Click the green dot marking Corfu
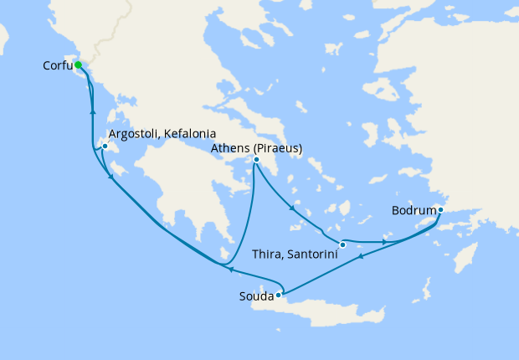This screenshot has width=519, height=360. coord(77,64)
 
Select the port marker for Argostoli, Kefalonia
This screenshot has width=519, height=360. coord(105,147)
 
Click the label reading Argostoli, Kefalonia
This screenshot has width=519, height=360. coord(162,134)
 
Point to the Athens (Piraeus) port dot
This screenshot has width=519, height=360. coord(256,160)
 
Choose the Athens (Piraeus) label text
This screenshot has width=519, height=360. coord(256,148)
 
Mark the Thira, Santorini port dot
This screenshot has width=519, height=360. coord(342,244)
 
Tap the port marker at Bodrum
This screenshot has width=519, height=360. coord(440,209)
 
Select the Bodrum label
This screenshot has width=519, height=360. coord(414,210)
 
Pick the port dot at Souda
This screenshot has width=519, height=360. coord(278,295)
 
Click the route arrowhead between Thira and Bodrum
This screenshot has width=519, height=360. coord(384,242)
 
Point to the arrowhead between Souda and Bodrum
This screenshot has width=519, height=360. coord(361,257)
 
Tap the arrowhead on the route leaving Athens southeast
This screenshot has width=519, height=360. coord(290,207)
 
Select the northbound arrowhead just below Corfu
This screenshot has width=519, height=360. coord(92,111)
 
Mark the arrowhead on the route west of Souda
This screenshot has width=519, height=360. coord(231,270)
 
